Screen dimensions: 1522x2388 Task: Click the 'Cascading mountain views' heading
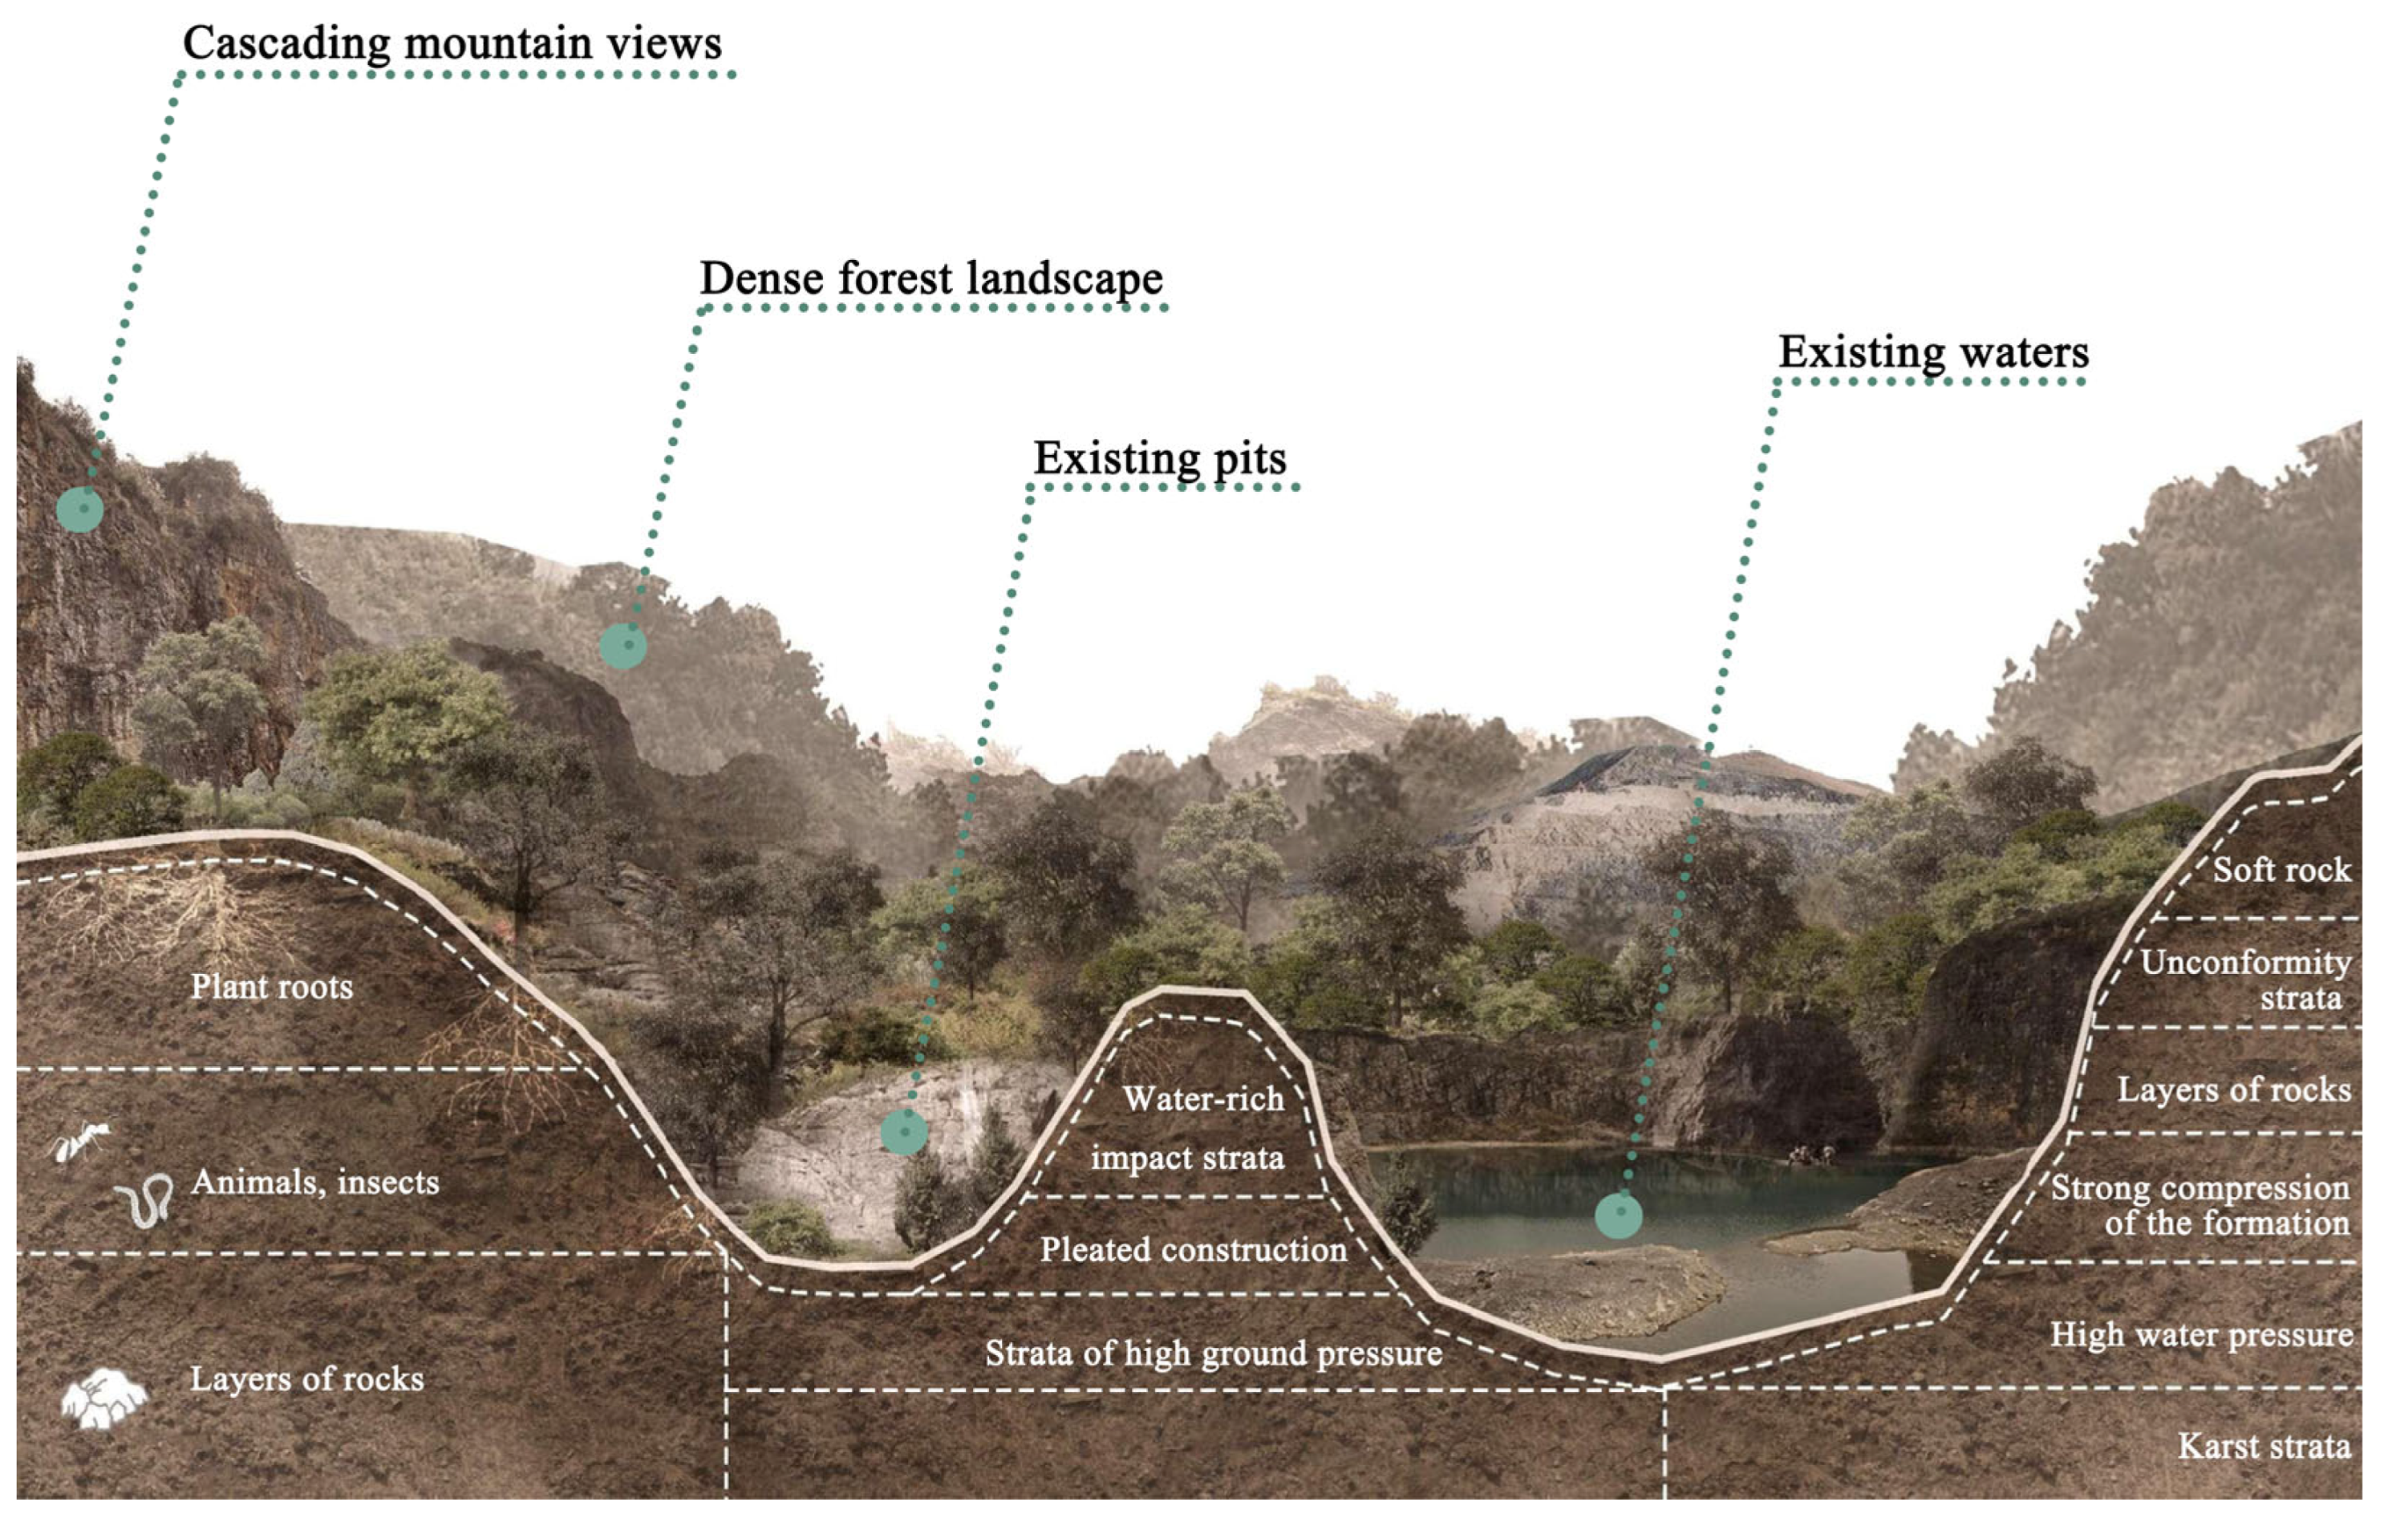click(452, 43)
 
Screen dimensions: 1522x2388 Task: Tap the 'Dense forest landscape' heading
click(931, 278)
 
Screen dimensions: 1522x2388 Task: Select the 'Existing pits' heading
click(1159, 458)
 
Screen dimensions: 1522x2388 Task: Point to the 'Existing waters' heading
click(1933, 352)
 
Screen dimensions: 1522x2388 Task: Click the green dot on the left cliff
click(79, 509)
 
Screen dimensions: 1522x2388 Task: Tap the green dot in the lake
click(1619, 1215)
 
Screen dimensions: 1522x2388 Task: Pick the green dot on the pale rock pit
click(903, 1131)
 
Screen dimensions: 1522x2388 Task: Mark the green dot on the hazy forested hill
click(622, 646)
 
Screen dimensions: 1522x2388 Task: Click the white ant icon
click(79, 1141)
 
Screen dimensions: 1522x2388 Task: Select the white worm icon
click(144, 1202)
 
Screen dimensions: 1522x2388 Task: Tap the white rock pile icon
click(104, 1399)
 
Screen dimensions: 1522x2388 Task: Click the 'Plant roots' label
click(272, 987)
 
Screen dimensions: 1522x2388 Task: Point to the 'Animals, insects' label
click(314, 1183)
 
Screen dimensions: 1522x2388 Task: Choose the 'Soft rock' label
click(2281, 871)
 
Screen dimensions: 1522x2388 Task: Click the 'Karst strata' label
click(2263, 1447)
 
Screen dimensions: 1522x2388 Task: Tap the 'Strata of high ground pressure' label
click(1213, 1354)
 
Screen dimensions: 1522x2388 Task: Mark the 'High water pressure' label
click(2202, 1334)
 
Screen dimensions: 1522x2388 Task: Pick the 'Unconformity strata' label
click(2245, 980)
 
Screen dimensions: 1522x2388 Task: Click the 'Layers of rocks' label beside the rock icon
click(306, 1379)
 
